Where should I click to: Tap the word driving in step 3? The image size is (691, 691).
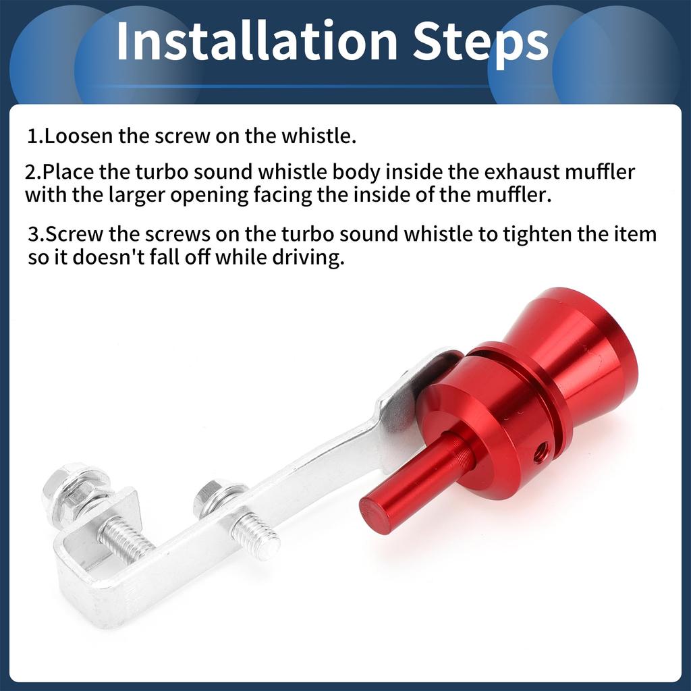pyautogui.click(x=306, y=258)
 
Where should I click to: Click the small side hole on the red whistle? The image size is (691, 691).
pyautogui.click(x=541, y=454)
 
